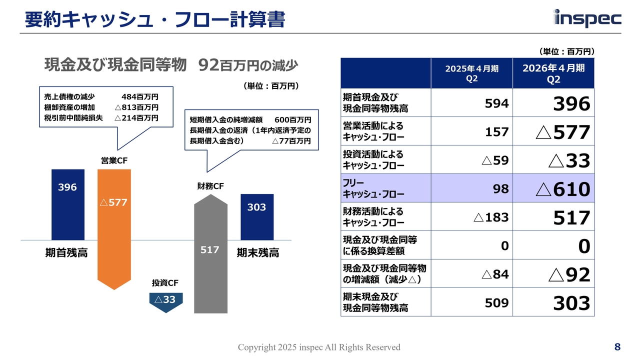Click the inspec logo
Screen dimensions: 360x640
click(x=587, y=18)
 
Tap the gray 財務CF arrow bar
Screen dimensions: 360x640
click(x=210, y=255)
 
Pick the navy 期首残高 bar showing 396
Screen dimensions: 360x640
click(x=67, y=204)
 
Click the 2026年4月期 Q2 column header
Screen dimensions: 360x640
click(x=553, y=73)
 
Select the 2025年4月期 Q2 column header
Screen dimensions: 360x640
click(x=471, y=73)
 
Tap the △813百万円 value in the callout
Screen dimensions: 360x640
click(x=136, y=107)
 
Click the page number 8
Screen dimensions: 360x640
click(x=617, y=347)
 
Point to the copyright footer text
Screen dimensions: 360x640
click(x=319, y=347)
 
